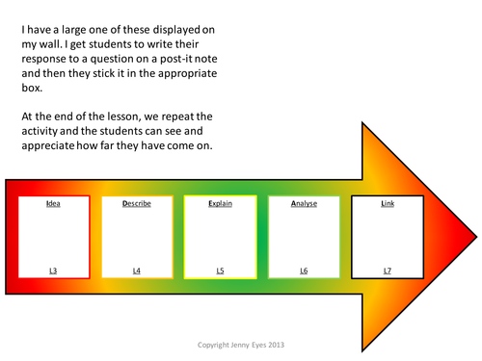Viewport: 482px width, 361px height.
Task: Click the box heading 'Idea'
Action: point(54,205)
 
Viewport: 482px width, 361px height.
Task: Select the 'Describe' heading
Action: point(137,205)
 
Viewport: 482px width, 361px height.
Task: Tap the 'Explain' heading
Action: point(221,205)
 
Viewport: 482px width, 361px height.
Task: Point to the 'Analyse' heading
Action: point(304,205)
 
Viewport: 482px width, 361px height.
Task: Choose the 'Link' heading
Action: point(387,205)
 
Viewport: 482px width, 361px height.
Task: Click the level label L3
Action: point(54,271)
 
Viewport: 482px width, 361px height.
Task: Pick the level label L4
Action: point(137,271)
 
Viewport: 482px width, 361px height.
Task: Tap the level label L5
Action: point(221,271)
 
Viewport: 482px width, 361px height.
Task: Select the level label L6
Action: point(304,271)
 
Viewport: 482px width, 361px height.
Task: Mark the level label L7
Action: point(387,271)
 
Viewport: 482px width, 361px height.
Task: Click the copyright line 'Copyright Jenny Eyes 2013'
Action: point(239,343)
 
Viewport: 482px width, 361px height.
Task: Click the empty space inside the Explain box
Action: point(221,238)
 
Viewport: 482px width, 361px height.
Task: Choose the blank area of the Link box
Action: point(387,238)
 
